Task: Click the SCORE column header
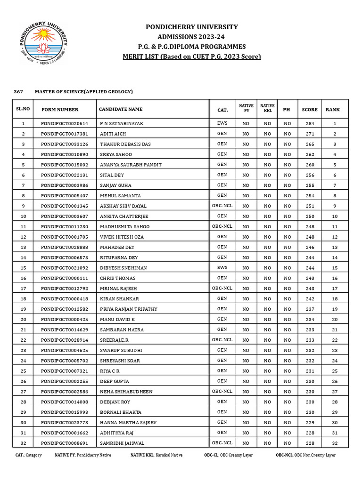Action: point(310,110)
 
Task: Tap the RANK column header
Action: point(332,110)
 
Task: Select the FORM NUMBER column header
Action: point(60,110)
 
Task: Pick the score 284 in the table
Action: point(310,124)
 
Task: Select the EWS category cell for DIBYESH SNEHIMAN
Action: point(222,267)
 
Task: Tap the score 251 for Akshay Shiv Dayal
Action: point(310,206)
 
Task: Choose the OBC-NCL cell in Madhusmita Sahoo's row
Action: point(222,226)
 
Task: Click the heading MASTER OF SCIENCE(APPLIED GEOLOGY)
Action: point(83,91)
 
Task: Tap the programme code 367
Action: point(17,91)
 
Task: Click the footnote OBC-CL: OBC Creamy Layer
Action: point(228,455)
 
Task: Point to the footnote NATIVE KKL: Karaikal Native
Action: point(156,455)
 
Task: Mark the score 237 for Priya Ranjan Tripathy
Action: point(310,309)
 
